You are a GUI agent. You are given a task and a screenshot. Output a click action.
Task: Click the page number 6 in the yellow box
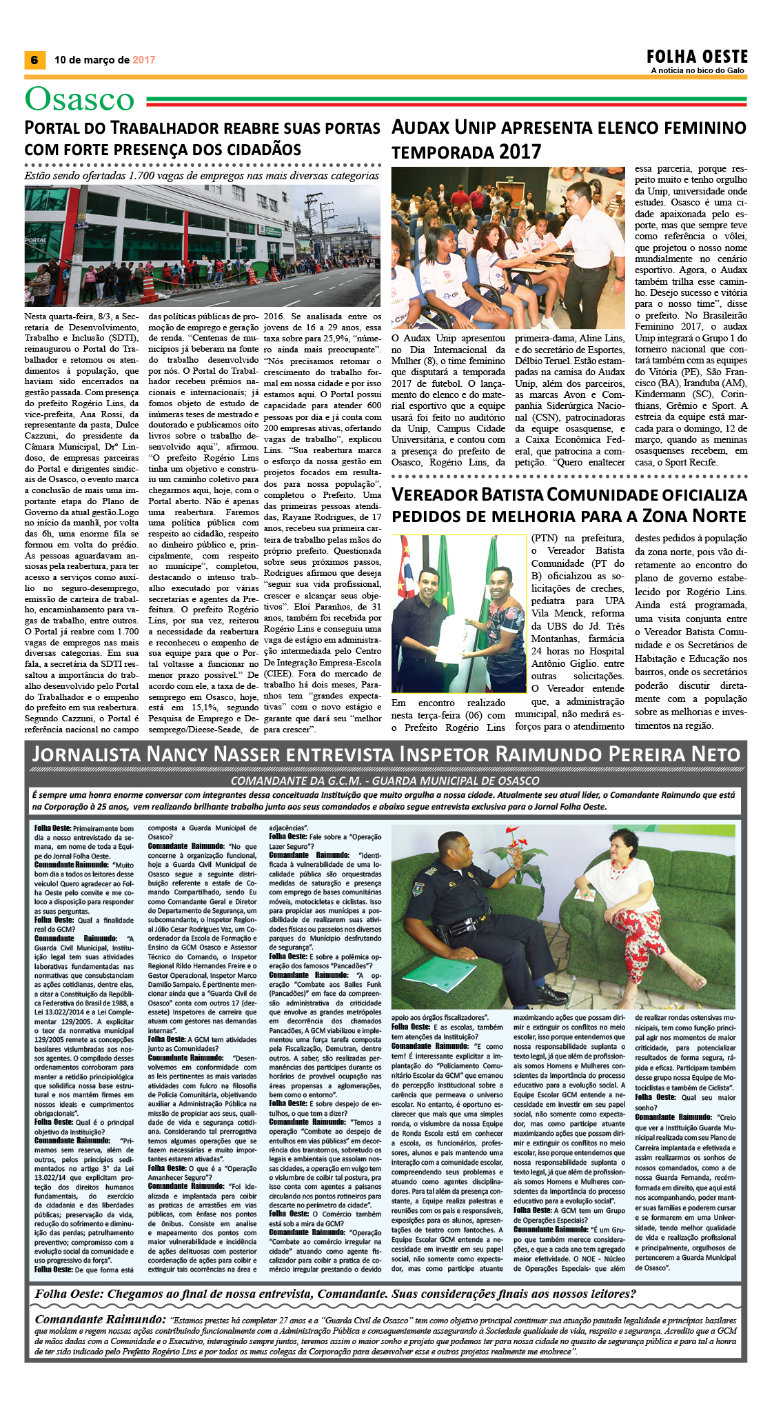33,60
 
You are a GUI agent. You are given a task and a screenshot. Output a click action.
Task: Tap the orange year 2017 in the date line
143,60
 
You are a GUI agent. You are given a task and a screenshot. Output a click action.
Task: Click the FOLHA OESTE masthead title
697,57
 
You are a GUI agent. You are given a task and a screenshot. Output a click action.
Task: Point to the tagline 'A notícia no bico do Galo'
699,70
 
